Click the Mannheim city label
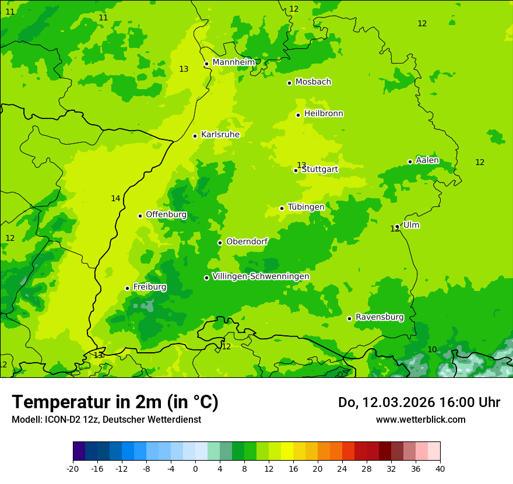[x=233, y=62]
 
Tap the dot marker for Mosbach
[x=289, y=83]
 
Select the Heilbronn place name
[x=324, y=114]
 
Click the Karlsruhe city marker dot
[x=195, y=136]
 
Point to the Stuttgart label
[x=320, y=169]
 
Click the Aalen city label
[x=427, y=160]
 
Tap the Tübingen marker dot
[x=282, y=208]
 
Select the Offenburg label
[x=166, y=215]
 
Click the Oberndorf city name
[x=247, y=241]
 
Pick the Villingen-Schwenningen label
[x=261, y=276]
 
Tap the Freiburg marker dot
[x=127, y=288]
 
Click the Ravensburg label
[x=380, y=317]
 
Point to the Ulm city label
[x=411, y=225]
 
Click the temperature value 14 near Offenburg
[x=115, y=199]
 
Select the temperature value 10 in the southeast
[x=432, y=349]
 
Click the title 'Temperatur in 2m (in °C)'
[x=115, y=402]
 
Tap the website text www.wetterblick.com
[x=420, y=419]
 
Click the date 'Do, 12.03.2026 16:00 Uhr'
[x=419, y=402]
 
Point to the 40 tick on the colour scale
[x=440, y=469]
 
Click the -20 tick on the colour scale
[x=73, y=469]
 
